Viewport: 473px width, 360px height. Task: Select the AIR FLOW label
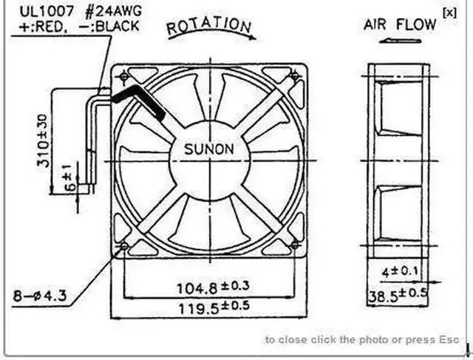(400, 24)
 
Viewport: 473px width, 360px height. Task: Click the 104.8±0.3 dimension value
(212, 285)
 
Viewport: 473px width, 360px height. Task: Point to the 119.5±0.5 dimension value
(212, 305)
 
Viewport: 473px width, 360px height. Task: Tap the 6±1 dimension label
(69, 177)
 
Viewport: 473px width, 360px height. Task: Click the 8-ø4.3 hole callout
(40, 296)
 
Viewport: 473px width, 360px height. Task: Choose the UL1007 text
(33, 10)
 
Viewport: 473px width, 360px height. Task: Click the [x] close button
(449, 11)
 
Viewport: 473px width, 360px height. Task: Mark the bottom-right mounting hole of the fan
(296, 245)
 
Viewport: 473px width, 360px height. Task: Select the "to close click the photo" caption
(361, 339)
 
